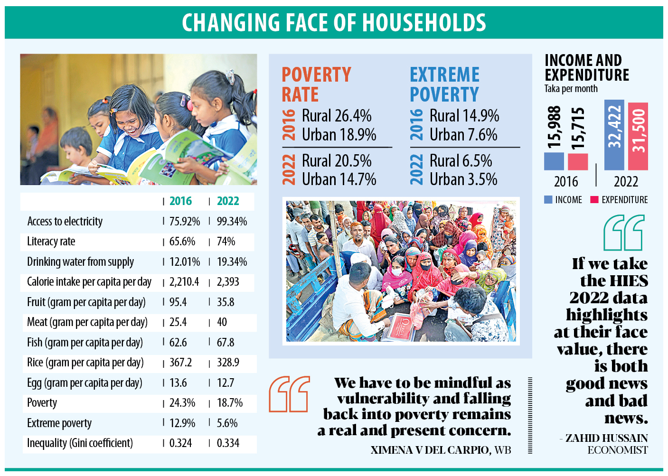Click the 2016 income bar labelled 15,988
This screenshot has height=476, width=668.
point(554,161)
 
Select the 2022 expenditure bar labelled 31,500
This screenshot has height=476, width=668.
point(638,136)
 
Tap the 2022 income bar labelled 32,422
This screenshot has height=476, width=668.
point(614,135)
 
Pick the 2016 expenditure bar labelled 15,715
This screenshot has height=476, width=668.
point(578,162)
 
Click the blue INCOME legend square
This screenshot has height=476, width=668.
point(548,200)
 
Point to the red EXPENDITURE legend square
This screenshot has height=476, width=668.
point(594,200)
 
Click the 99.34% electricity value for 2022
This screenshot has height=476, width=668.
point(232,222)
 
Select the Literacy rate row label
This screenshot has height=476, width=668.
point(51,242)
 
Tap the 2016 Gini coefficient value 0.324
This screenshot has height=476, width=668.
point(180,443)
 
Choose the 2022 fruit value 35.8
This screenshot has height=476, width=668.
point(226,302)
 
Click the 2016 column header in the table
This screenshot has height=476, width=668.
point(180,201)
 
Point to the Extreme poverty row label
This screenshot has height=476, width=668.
point(59,423)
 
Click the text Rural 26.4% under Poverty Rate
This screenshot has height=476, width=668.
point(337,116)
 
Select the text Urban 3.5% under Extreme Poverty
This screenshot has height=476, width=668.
point(463,179)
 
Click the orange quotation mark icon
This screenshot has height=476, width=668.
point(289,394)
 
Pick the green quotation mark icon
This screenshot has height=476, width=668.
point(624,233)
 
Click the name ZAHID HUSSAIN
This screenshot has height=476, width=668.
point(606,438)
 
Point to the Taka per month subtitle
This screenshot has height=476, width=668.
point(571,89)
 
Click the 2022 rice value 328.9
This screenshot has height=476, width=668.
point(228,363)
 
